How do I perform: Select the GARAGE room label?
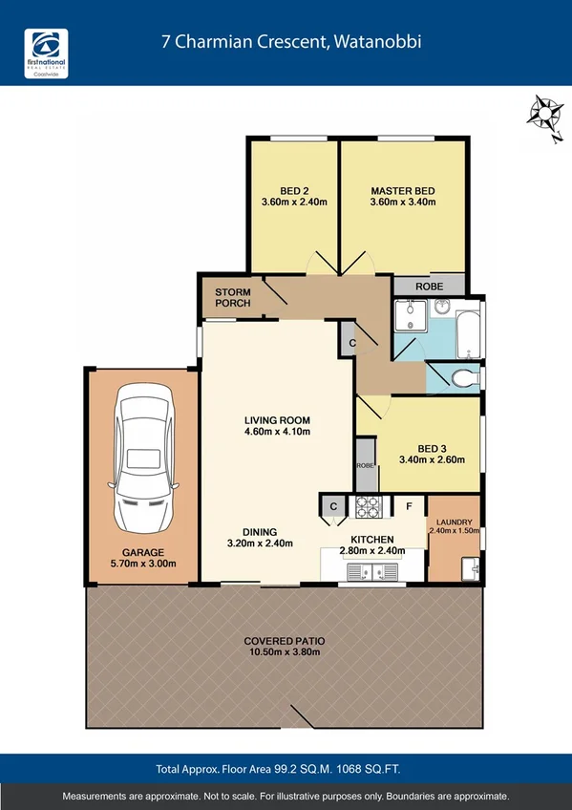pos(142,552)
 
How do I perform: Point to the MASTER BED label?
pos(403,190)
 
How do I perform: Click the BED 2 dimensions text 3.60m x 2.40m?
pos(294,202)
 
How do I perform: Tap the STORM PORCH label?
pos(233,297)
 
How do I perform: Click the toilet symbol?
pos(462,378)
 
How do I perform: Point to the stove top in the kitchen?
pos(368,506)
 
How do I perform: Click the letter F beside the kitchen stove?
pos(408,504)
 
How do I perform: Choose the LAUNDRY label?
pos(454,522)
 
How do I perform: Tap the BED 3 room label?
pos(432,448)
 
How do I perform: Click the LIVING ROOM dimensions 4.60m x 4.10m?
pos(277,432)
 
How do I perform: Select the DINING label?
pos(259,532)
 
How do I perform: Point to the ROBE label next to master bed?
pos(428,285)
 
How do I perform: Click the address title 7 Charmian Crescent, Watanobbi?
pos(290,42)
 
